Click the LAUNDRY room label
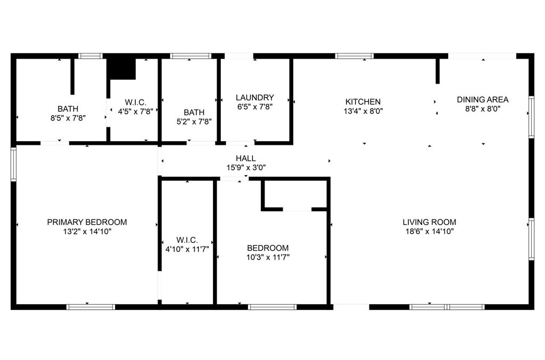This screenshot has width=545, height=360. (255, 97)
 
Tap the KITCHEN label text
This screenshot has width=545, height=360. (363, 102)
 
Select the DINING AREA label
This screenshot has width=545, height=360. (483, 100)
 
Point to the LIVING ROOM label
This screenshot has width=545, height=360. (429, 222)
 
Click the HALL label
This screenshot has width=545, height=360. (246, 158)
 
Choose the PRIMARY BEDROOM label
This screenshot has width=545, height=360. (87, 222)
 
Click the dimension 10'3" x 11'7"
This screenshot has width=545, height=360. (268, 257)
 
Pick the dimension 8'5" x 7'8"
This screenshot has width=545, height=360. (68, 118)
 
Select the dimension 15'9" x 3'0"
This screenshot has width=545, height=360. (246, 167)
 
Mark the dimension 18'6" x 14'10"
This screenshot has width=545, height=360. (429, 231)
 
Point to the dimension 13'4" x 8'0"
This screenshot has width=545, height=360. (363, 111)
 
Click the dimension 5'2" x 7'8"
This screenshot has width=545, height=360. (194, 121)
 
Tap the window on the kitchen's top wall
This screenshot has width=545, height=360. (354, 55)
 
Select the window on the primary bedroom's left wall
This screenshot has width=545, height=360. (13, 164)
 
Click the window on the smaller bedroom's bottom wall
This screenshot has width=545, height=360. (272, 307)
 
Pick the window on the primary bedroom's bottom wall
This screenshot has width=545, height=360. (90, 307)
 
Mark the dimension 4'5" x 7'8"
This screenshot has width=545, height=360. (135, 111)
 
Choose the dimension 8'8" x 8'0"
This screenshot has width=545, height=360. (483, 109)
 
